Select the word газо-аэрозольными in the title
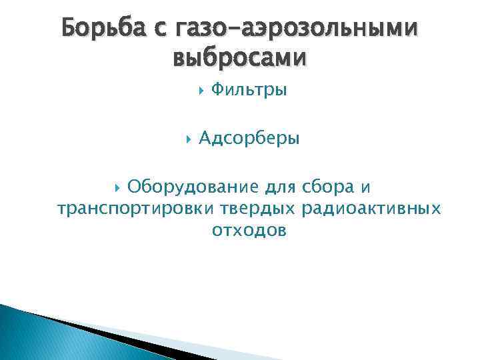pyautogui.click(x=296, y=29)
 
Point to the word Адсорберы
pyautogui.click(x=249, y=139)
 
